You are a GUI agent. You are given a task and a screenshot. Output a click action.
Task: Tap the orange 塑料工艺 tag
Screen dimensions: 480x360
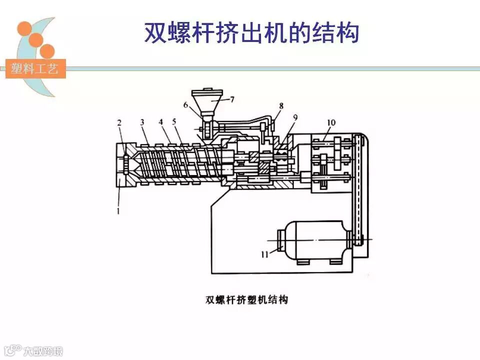tap(35, 68)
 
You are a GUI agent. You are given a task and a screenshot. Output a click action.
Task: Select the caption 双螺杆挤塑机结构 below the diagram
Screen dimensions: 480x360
tap(247, 300)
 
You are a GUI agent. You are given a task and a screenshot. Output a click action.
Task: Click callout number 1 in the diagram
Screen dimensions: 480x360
tap(118, 210)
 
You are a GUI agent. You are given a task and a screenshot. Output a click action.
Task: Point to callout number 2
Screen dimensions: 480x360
tap(119, 122)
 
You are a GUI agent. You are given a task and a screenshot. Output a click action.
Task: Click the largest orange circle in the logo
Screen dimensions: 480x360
tap(24, 28)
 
